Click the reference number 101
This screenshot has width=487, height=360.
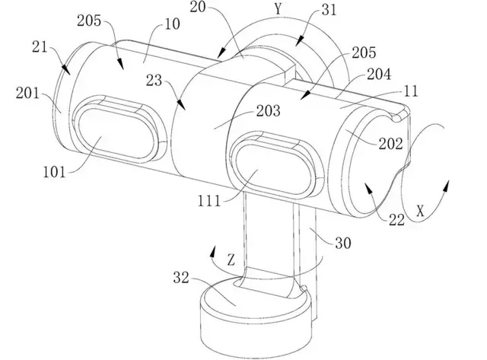click(55, 172)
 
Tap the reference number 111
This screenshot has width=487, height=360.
click(209, 201)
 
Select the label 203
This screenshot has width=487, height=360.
click(269, 111)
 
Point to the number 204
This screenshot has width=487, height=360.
click(379, 75)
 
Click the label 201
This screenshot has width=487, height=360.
click(27, 93)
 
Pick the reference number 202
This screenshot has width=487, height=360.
click(390, 144)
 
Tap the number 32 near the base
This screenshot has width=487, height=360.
click(181, 277)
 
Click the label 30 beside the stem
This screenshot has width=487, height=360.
click(343, 243)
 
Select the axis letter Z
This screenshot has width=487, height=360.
click(231, 260)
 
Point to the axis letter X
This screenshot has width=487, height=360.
click(420, 212)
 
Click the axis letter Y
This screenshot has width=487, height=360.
click(278, 9)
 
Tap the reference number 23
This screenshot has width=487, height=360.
click(154, 81)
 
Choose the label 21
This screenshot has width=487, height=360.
click(40, 47)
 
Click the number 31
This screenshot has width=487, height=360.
click(329, 10)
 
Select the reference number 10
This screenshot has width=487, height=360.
click(172, 24)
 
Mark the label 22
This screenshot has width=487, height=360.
click(396, 221)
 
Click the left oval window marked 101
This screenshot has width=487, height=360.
click(116, 133)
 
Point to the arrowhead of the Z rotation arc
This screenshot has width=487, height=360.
click(213, 251)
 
